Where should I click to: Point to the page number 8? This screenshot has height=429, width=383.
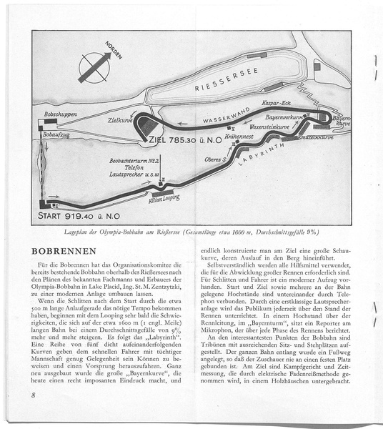coord(34,395)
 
